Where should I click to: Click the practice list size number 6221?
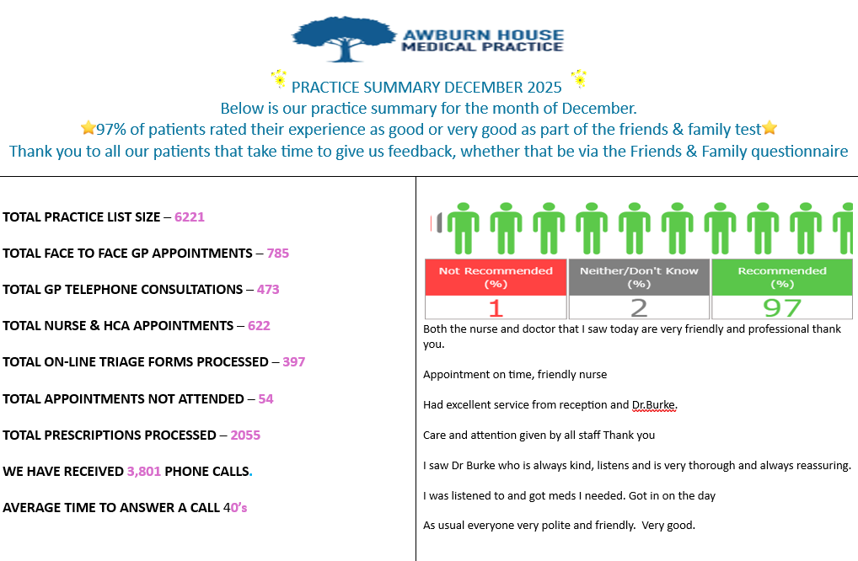pos(190,216)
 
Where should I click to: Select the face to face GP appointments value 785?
pos(278,253)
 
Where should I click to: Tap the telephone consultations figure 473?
pos(268,289)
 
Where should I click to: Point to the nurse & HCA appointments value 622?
pos(259,325)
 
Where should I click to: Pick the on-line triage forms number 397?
pos(294,361)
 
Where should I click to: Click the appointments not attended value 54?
pos(265,398)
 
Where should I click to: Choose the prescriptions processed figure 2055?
pos(245,435)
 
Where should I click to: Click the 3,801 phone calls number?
pos(144,471)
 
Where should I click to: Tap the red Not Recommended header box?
pos(496,277)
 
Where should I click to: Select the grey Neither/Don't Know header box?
pos(639,277)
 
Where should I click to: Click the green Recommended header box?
pos(782,277)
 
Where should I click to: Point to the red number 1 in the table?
pos(496,307)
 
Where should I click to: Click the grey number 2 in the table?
pos(639,307)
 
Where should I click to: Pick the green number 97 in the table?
pos(782,307)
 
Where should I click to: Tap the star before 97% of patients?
pos(88,129)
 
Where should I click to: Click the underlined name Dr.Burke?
pos(654,405)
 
